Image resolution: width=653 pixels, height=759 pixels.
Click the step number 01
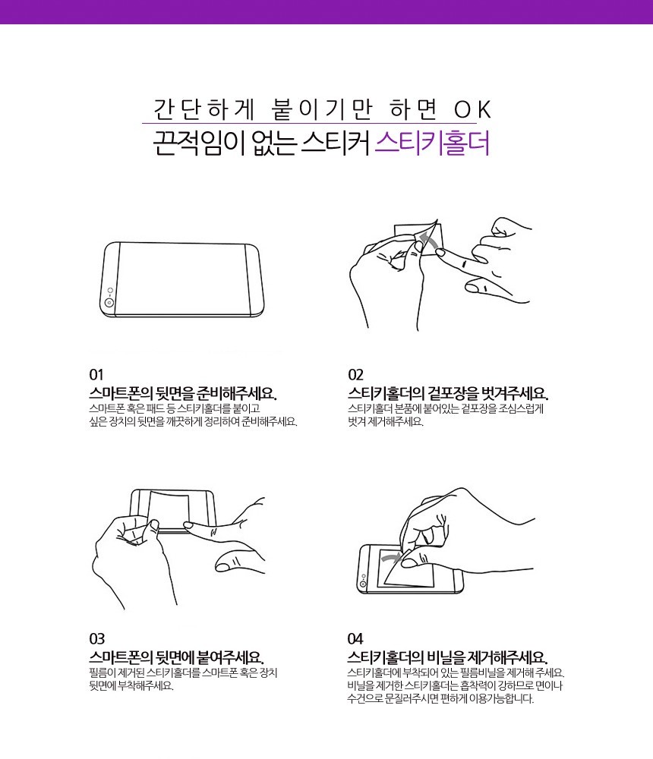pyautogui.click(x=96, y=375)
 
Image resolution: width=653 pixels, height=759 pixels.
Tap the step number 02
pyautogui.click(x=355, y=375)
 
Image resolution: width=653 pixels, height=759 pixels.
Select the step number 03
pyautogui.click(x=96, y=639)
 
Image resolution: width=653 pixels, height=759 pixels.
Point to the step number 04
pyautogui.click(x=355, y=639)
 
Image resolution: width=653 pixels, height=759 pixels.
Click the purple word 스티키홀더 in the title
pyautogui.click(x=432, y=143)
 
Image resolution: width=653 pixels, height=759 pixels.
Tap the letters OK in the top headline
pyautogui.click(x=472, y=109)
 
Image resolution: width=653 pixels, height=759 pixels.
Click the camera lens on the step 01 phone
pyautogui.click(x=109, y=303)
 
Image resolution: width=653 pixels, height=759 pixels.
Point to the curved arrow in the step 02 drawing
pyautogui.click(x=428, y=240)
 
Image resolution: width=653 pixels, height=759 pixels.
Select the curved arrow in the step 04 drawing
pyautogui.click(x=391, y=558)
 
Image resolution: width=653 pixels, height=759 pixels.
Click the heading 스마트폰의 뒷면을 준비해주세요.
pyautogui.click(x=183, y=393)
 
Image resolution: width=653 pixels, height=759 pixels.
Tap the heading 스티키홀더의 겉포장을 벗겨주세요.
pyautogui.click(x=447, y=393)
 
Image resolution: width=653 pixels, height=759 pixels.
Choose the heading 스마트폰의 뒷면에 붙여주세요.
pyautogui.click(x=176, y=657)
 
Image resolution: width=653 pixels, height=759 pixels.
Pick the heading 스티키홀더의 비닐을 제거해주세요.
pyautogui.click(x=447, y=657)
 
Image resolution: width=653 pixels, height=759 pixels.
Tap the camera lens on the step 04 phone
pyautogui.click(x=363, y=584)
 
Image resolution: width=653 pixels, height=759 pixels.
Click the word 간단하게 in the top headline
pyautogui.click(x=204, y=109)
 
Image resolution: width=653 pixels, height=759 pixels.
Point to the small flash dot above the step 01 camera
pyautogui.click(x=110, y=291)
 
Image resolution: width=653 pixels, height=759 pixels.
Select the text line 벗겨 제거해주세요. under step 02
pyautogui.click(x=386, y=421)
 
